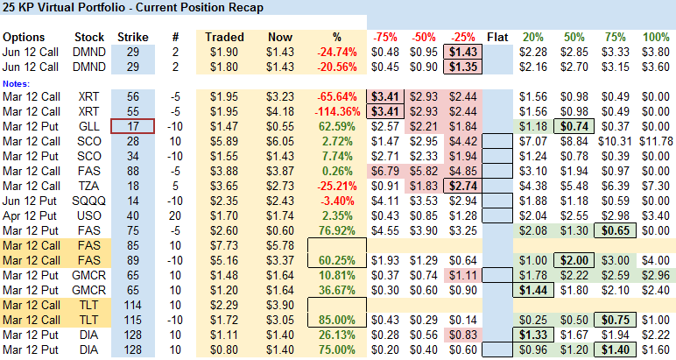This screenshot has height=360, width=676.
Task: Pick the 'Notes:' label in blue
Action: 17,83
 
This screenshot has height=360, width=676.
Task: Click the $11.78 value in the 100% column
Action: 656,141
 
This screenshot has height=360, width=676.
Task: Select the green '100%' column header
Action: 656,38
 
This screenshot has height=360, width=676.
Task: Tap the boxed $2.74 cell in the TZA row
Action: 462,186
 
